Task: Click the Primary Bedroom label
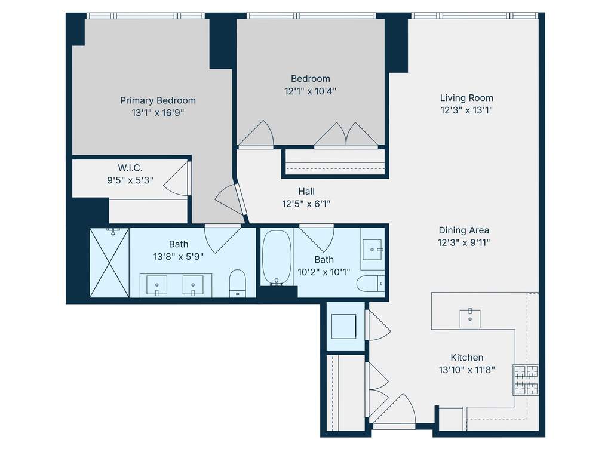click(x=158, y=100)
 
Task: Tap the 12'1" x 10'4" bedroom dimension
click(x=310, y=91)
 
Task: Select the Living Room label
click(x=466, y=98)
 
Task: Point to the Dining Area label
click(x=463, y=230)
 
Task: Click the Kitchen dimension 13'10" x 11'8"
click(x=467, y=370)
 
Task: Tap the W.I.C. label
click(x=130, y=168)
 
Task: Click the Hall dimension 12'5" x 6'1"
click(x=306, y=204)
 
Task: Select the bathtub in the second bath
click(x=277, y=257)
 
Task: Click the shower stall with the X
click(x=109, y=263)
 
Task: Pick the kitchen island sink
click(x=470, y=319)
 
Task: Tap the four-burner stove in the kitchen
click(x=526, y=380)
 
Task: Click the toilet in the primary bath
click(x=237, y=283)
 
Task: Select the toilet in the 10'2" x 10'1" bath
click(x=370, y=283)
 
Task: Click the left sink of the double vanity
click(x=156, y=285)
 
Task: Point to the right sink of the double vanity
click(x=193, y=285)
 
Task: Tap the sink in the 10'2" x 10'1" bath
click(x=373, y=250)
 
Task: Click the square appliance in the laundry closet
click(x=343, y=327)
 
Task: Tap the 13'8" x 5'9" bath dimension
click(x=179, y=257)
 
